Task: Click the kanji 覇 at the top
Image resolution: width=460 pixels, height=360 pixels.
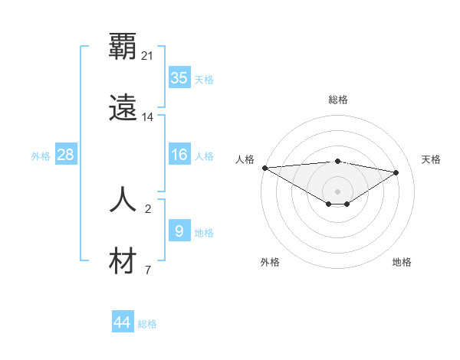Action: pyautogui.click(x=123, y=47)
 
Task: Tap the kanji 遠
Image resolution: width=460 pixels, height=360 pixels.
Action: pyautogui.click(x=123, y=108)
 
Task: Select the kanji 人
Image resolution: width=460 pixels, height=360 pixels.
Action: pyautogui.click(x=123, y=200)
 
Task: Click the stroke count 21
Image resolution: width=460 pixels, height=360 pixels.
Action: pyautogui.click(x=148, y=56)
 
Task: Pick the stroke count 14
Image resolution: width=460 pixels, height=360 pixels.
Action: pyautogui.click(x=148, y=117)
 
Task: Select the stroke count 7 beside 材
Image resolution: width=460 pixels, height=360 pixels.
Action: pyautogui.click(x=148, y=270)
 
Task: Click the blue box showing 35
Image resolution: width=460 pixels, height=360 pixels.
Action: pyautogui.click(x=179, y=78)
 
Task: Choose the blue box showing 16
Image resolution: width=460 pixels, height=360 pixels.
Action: pyautogui.click(x=179, y=155)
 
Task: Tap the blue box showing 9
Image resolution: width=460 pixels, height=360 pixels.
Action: pyautogui.click(x=179, y=231)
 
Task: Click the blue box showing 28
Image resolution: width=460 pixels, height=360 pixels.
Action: pyautogui.click(x=66, y=155)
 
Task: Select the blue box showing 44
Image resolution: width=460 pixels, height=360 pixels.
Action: pyautogui.click(x=123, y=322)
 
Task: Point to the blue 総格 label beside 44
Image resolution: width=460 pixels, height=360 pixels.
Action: pyautogui.click(x=147, y=324)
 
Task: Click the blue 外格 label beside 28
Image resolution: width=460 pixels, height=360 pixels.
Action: pyautogui.click(x=41, y=155)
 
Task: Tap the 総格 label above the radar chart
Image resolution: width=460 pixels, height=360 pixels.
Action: pyautogui.click(x=337, y=100)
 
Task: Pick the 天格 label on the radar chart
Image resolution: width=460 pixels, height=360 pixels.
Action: pyautogui.click(x=431, y=159)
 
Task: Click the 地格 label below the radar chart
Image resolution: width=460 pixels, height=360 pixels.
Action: pyautogui.click(x=402, y=262)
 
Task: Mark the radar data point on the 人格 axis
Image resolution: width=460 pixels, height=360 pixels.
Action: pyautogui.click(x=264, y=168)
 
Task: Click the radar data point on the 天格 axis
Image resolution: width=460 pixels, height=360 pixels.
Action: pyautogui.click(x=396, y=172)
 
